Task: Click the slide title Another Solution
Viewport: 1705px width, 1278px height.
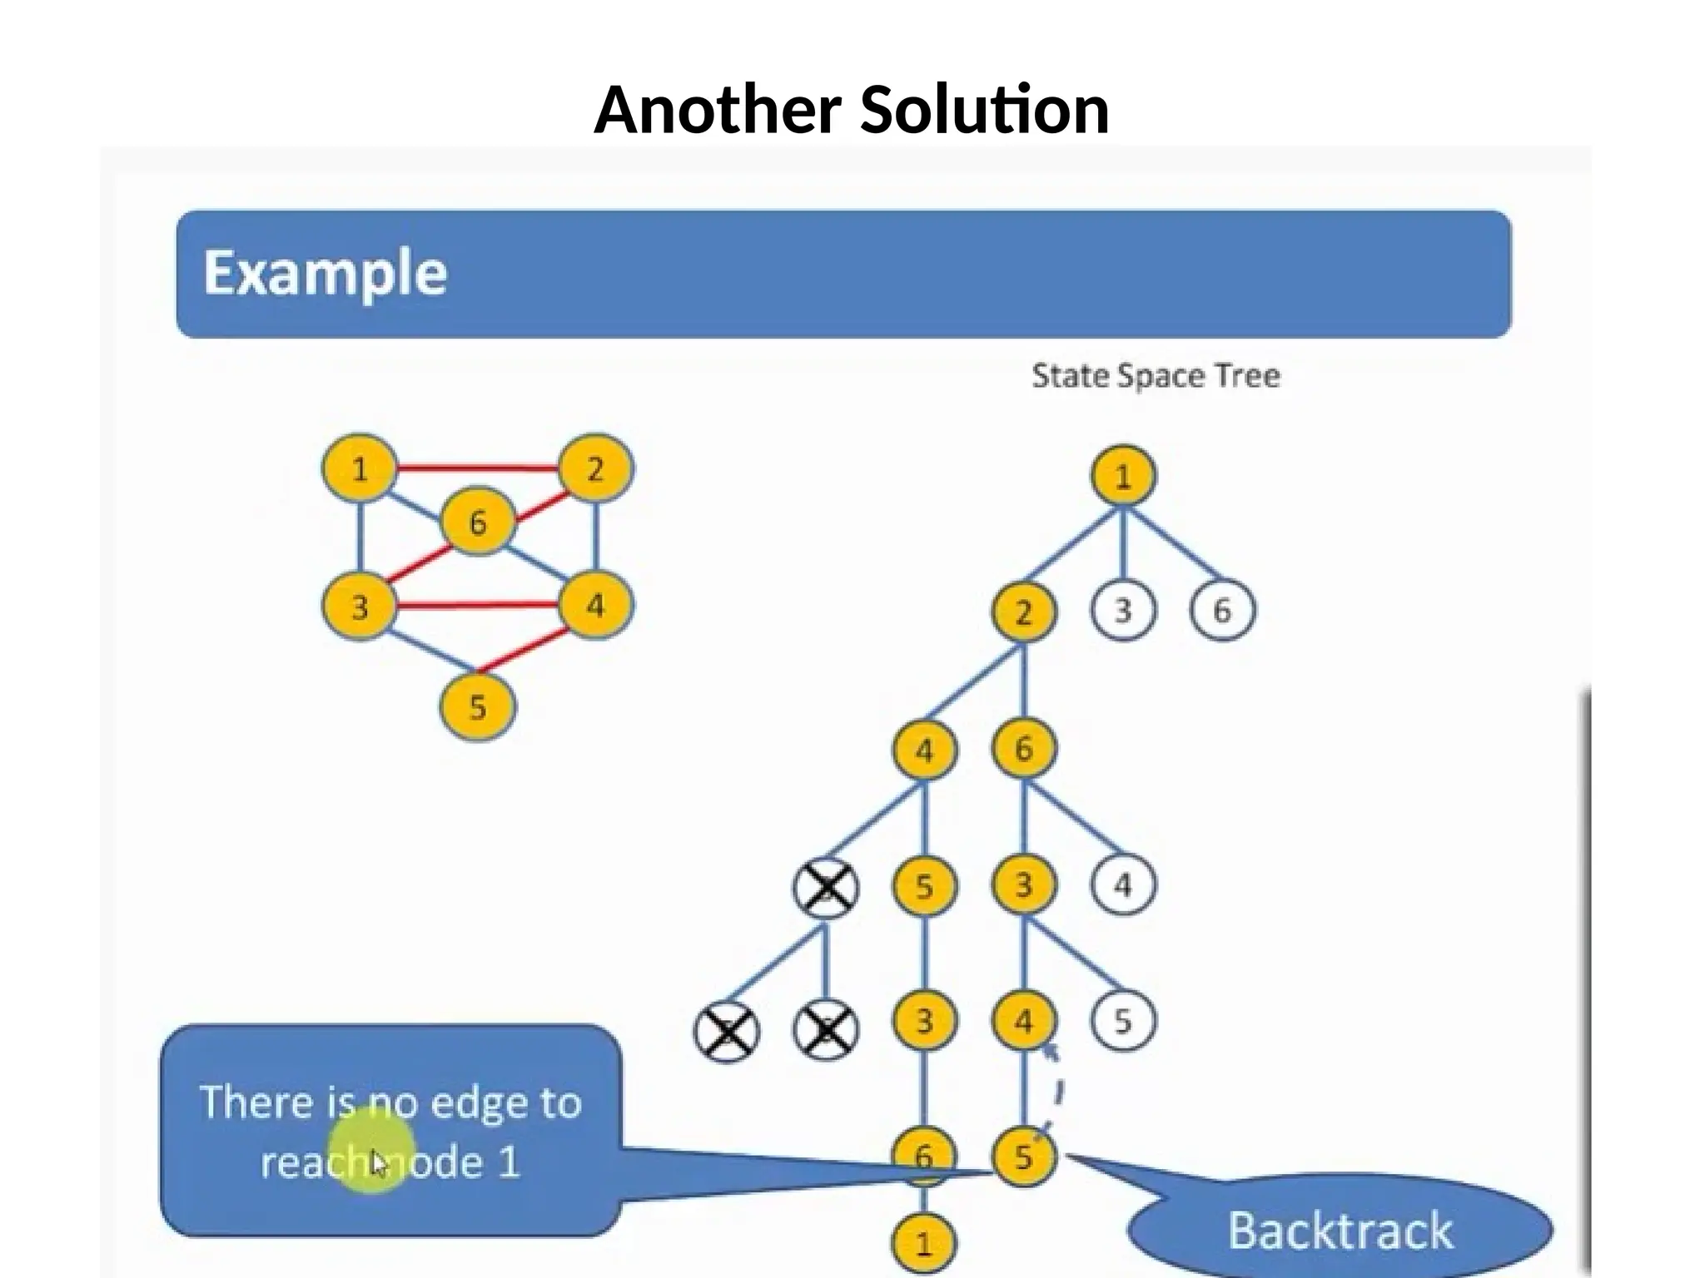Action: click(851, 110)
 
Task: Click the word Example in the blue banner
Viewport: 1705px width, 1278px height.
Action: click(325, 273)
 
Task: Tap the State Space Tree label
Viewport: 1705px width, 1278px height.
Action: click(1155, 376)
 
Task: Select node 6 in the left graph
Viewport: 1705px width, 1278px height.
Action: click(476, 523)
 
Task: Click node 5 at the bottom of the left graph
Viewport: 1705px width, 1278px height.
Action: click(476, 707)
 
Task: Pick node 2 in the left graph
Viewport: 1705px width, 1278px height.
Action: click(594, 469)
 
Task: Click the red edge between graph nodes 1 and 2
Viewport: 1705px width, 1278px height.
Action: click(476, 468)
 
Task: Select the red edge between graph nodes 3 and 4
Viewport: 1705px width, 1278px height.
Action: click(476, 605)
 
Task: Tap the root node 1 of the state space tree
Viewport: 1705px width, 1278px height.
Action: click(1122, 476)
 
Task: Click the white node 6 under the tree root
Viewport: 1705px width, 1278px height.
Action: click(1220, 611)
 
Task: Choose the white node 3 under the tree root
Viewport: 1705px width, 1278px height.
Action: click(1122, 611)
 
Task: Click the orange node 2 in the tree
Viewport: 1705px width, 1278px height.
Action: click(1023, 612)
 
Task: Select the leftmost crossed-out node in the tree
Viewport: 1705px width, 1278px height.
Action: click(726, 1032)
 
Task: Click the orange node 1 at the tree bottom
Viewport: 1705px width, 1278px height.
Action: click(923, 1244)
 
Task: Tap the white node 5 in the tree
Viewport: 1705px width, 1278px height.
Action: click(1122, 1022)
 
